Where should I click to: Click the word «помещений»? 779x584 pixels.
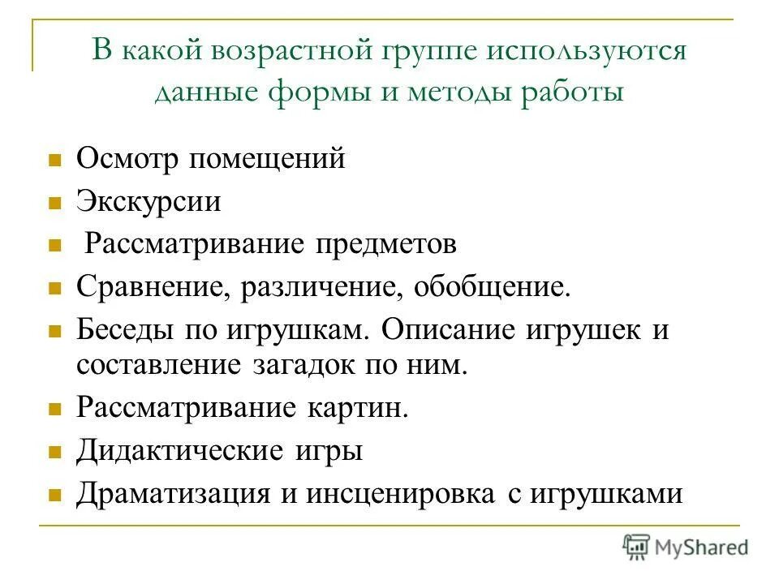(x=268, y=158)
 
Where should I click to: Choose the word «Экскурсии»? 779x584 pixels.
(x=148, y=200)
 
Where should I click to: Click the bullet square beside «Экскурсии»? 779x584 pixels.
(x=55, y=202)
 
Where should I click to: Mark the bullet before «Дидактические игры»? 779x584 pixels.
(x=55, y=452)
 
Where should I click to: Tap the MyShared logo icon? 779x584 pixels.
(x=636, y=547)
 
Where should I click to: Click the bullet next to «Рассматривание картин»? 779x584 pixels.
(x=55, y=409)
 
